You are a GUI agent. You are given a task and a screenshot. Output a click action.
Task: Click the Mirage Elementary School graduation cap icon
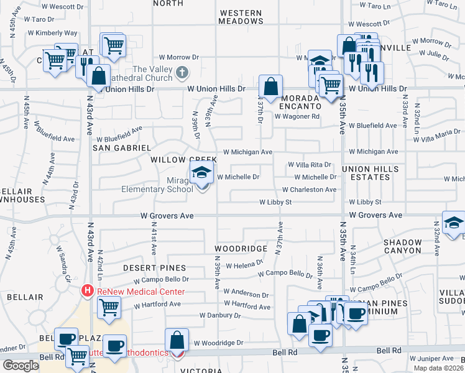click(x=201, y=173)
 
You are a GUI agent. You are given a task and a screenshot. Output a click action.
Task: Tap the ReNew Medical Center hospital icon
click(x=88, y=291)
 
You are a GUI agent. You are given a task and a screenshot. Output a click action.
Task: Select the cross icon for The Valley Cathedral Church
click(x=182, y=71)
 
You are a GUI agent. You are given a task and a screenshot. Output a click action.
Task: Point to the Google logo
click(x=20, y=366)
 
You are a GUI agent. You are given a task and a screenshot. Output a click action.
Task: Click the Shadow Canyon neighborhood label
click(x=402, y=246)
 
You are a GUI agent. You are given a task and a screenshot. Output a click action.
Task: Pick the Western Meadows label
click(x=241, y=17)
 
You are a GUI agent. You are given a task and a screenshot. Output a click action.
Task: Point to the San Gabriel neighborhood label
click(x=122, y=148)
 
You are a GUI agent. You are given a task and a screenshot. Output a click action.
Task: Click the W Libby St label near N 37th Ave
click(x=275, y=202)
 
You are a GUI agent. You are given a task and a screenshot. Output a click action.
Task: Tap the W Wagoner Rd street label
click(x=297, y=116)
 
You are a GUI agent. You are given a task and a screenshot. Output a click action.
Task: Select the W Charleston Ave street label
click(x=309, y=190)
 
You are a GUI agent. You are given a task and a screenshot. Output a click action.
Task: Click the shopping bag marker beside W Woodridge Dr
click(x=177, y=341)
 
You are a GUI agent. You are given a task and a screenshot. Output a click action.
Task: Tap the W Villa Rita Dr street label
click(x=309, y=165)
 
